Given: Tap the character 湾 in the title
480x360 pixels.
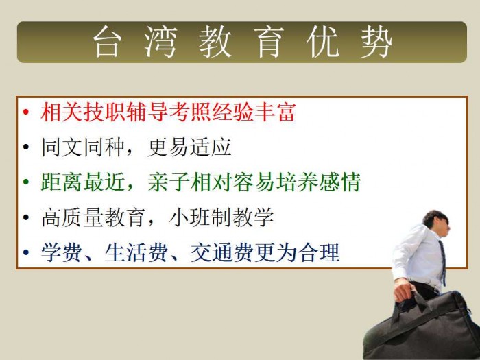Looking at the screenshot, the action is pyautogui.click(x=160, y=42).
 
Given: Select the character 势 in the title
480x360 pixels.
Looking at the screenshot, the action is pyautogui.click(x=376, y=42).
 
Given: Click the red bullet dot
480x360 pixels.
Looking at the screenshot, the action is pyautogui.click(x=26, y=112).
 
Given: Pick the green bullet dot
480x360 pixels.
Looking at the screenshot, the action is pyautogui.click(x=26, y=182).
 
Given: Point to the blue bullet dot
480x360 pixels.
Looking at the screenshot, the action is pyautogui.click(x=26, y=252).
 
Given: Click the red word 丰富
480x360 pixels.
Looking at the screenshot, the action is pyautogui.click(x=274, y=112).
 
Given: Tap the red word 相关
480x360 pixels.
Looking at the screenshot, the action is pyautogui.click(x=62, y=112).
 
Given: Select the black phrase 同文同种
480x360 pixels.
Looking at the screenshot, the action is pyautogui.click(x=83, y=147).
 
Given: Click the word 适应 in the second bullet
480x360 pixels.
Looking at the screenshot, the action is pyautogui.click(x=211, y=147).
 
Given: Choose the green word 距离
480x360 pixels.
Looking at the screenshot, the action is pyautogui.click(x=62, y=182).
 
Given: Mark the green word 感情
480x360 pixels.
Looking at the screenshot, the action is pyautogui.click(x=340, y=182).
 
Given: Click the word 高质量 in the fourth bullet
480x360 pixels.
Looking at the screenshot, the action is pyautogui.click(x=72, y=217).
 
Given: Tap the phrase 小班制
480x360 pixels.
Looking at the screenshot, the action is pyautogui.click(x=200, y=217).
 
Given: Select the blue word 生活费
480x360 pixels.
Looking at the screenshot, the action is pyautogui.click(x=136, y=252).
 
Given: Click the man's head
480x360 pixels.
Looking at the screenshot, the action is pyautogui.click(x=437, y=223).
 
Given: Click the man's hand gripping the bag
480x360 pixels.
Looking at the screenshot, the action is pyautogui.click(x=405, y=290).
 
